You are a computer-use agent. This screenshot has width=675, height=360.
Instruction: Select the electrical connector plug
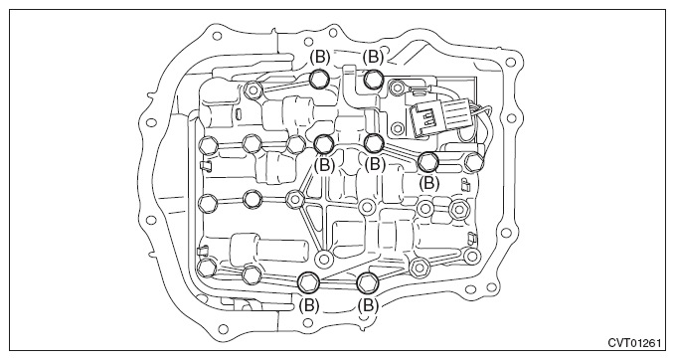[429, 122]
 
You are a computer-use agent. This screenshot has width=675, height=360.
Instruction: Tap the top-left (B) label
[320, 57]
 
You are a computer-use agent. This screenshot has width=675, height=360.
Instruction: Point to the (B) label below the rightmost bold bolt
[428, 182]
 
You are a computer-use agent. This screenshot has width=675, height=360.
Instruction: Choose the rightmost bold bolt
[428, 160]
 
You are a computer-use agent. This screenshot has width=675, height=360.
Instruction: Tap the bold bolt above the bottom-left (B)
[308, 281]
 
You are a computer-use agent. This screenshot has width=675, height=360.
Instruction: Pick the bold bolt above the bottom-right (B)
[368, 281]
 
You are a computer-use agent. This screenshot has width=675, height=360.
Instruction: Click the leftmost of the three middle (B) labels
[325, 164]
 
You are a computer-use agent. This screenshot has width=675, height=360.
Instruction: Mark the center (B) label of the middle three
[375, 164]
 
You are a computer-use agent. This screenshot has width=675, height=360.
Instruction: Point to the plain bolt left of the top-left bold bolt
[254, 91]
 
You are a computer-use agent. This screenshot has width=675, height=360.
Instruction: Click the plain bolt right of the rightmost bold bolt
[474, 161]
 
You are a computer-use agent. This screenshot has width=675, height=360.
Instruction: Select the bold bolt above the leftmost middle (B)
[325, 144]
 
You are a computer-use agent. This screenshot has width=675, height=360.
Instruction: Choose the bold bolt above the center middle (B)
[373, 143]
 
